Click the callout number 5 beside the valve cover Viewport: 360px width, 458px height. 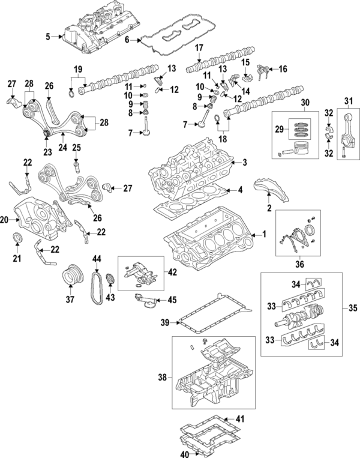(48, 37)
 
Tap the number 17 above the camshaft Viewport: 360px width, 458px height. (199, 48)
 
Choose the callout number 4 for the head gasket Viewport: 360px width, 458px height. (240, 190)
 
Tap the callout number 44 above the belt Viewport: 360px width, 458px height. (96, 259)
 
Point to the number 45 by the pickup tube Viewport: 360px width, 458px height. (172, 300)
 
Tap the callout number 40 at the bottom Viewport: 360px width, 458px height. (186, 454)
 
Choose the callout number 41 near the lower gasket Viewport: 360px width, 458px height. (241, 418)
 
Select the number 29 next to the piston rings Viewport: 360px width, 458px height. (278, 130)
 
